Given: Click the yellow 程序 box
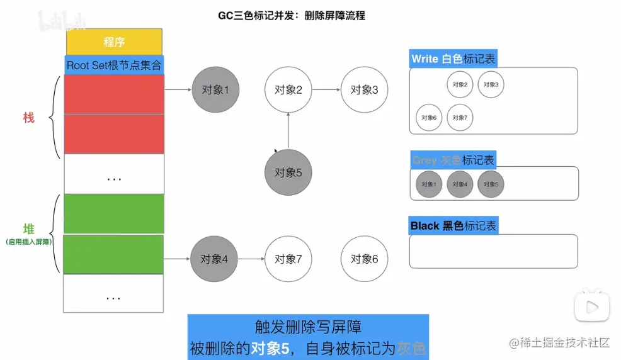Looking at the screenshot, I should coord(114,42).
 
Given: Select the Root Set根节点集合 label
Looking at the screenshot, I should coord(114,65).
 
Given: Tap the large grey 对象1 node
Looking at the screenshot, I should coord(212,90).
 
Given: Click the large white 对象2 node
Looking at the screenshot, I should coord(288,90).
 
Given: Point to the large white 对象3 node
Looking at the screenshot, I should coord(364,90).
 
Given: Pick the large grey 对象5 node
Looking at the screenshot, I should coord(288,172).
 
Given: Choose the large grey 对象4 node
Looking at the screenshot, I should coord(214,259).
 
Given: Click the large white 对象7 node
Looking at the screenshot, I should coord(288,259).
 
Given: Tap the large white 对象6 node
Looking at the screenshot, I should coord(364,259).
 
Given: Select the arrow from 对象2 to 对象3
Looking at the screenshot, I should coord(326,90).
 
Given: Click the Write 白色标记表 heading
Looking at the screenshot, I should coord(453,59).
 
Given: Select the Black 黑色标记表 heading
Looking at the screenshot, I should coord(453,226).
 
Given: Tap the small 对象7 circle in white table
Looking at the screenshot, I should coord(460,117).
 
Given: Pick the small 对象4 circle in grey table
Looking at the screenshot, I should coord(460,184).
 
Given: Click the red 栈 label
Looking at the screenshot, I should coord(29,118).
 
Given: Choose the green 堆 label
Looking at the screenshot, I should coord(29,230).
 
